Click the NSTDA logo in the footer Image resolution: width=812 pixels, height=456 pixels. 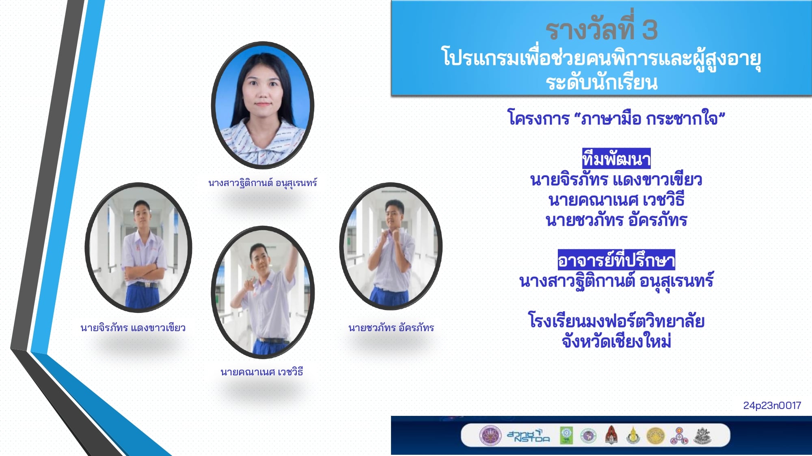click(528, 436)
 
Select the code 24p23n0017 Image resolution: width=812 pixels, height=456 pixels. click(772, 405)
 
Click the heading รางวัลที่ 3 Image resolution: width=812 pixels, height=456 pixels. click(601, 29)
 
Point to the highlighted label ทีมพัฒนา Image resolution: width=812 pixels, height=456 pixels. click(616, 158)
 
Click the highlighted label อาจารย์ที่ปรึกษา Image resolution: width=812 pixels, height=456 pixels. click(616, 260)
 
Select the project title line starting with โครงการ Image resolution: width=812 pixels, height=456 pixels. click(616, 119)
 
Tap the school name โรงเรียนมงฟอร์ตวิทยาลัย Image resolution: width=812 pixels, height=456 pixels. click(616, 321)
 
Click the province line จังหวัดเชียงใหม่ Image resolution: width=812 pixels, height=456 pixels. click(616, 341)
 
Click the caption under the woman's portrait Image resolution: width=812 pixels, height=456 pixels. click(263, 183)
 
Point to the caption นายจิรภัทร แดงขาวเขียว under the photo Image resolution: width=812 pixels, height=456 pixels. click(133, 328)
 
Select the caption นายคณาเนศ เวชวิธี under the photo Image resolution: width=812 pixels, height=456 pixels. click(262, 372)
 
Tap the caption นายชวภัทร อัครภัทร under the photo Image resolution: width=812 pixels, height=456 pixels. click(391, 328)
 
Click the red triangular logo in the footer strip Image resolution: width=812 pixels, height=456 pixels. click(611, 435)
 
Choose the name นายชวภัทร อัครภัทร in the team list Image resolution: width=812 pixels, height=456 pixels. click(616, 220)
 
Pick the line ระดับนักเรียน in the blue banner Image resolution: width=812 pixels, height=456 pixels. click(601, 82)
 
